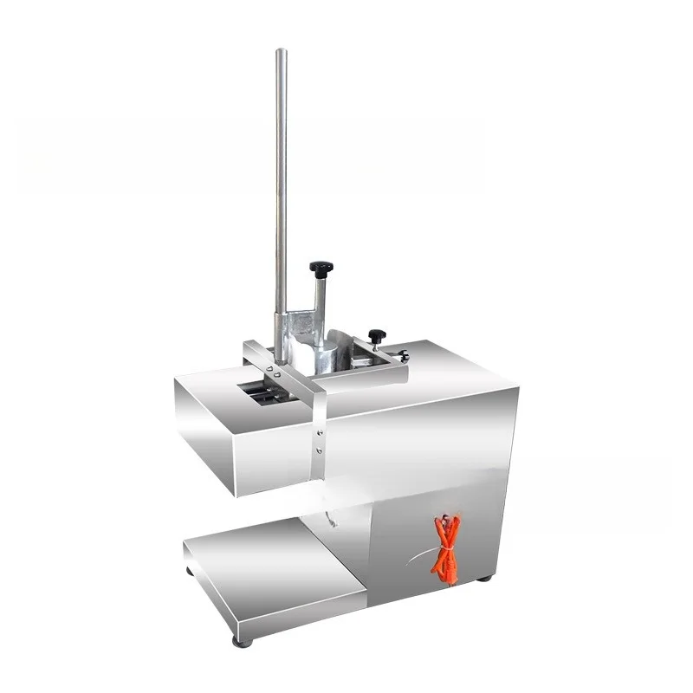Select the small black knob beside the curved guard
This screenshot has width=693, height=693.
pyautogui.click(x=376, y=334)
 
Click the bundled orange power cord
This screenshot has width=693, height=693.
pyautogui.click(x=447, y=548)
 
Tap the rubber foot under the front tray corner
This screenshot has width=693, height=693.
pyautogui.click(x=243, y=641)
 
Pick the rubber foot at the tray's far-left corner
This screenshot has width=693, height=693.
pyautogui.click(x=189, y=571)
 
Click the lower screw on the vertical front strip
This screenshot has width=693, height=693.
pyautogui.click(x=318, y=450)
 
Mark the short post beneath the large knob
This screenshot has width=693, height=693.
pyautogui.click(x=320, y=300)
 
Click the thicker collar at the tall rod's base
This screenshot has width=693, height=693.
pyautogui.click(x=280, y=338)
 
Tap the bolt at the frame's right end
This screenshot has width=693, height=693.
pyautogui.click(x=402, y=355)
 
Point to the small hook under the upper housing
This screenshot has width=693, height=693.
pyautogui.click(x=329, y=520)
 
